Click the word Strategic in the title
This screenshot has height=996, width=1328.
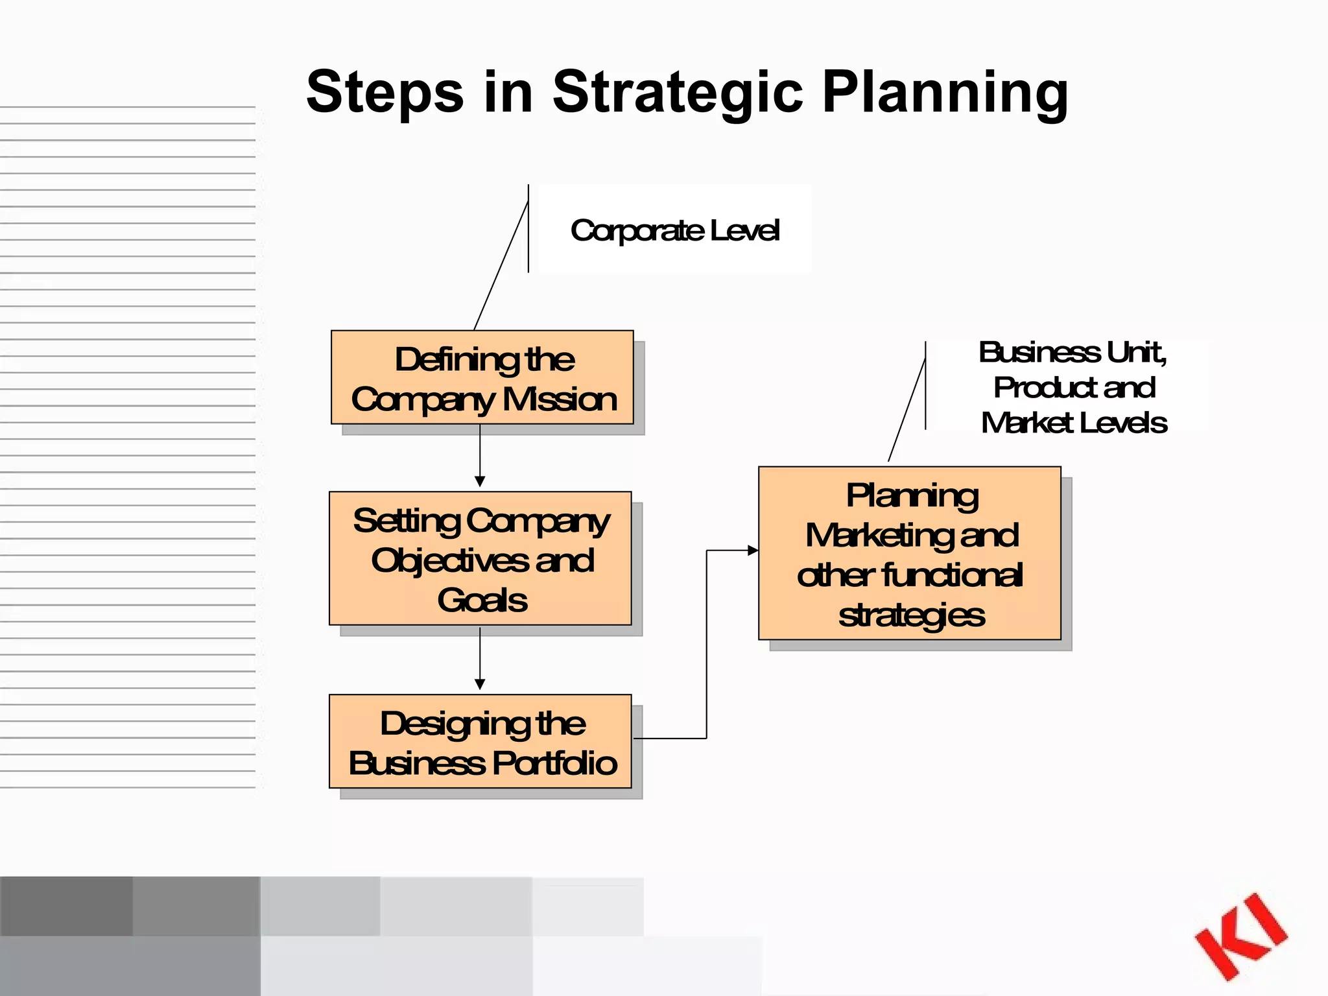tap(678, 92)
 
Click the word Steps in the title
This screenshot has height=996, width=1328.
tap(385, 92)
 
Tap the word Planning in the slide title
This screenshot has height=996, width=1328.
tap(945, 92)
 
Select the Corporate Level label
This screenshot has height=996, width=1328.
tap(674, 230)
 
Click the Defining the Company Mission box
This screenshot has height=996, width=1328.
tap(482, 377)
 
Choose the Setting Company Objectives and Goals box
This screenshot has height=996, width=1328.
tap(480, 558)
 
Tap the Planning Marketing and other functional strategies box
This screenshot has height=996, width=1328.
tap(909, 553)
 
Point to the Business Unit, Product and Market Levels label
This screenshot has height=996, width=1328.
tap(1073, 387)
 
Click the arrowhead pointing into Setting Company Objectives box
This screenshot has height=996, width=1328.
tap(480, 481)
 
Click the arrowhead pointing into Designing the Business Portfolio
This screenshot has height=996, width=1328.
tap(480, 684)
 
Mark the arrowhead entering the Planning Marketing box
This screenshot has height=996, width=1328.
tap(753, 551)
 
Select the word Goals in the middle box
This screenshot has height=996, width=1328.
tap(482, 600)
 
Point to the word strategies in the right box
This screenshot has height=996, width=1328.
tap(911, 615)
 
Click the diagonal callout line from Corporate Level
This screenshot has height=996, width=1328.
tap(501, 266)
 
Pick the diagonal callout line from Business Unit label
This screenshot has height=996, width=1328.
tap(907, 410)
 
